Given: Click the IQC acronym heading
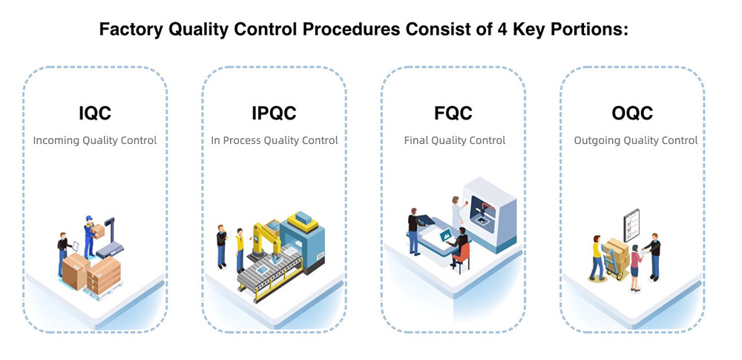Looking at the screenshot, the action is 95,114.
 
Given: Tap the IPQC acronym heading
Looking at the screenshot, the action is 274,114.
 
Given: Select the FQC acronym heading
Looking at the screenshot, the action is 453,114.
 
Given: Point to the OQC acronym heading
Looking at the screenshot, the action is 632,114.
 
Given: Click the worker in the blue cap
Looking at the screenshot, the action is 91,236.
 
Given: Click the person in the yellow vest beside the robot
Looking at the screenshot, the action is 240,249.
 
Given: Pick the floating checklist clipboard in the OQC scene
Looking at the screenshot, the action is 631,226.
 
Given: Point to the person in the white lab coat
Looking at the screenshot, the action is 457,213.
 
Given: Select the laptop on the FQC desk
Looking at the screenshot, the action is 444,235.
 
